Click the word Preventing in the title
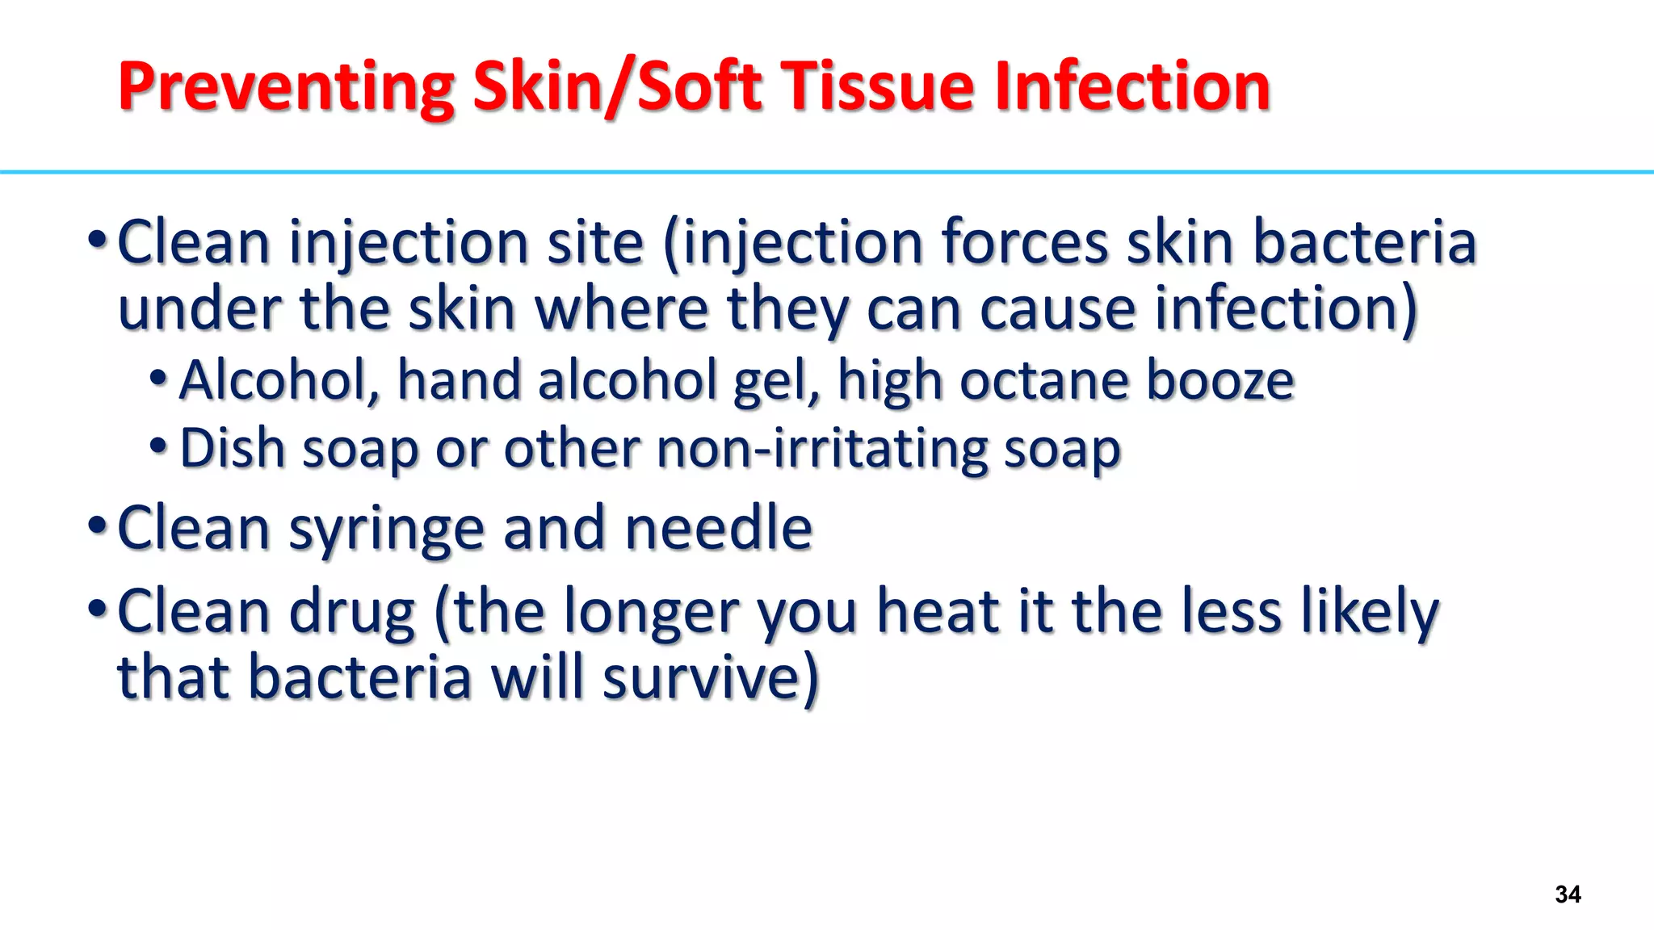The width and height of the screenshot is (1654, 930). point(286,86)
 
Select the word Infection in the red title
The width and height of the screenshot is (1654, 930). point(1132,86)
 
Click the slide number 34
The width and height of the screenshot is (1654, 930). point(1567,894)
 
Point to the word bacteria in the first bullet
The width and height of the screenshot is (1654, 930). point(1364,243)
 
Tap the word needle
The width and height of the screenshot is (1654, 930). point(718,528)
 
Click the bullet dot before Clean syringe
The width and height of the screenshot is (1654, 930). point(97,526)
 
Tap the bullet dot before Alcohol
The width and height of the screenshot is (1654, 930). point(158,377)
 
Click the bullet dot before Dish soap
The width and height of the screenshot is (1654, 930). point(158,445)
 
